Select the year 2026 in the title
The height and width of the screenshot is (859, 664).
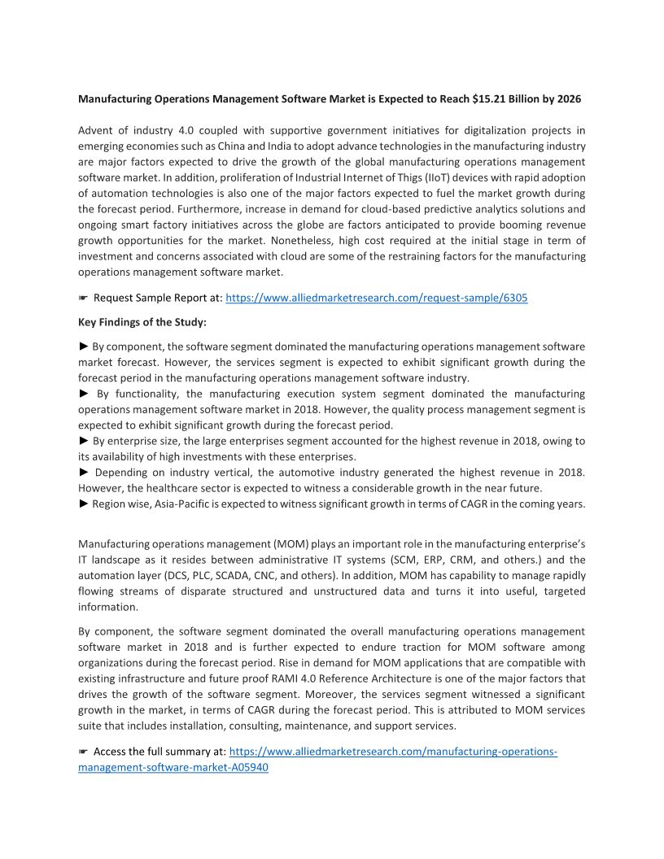pos(566,99)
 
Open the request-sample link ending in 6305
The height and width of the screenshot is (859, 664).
pos(376,299)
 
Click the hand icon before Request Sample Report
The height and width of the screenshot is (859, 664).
pos(83,299)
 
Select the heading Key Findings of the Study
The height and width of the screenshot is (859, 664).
pos(142,322)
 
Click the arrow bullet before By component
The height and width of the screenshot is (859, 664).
pos(84,347)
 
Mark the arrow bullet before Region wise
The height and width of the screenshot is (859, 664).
pos(84,504)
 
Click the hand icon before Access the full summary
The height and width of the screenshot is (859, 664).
pos(83,752)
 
